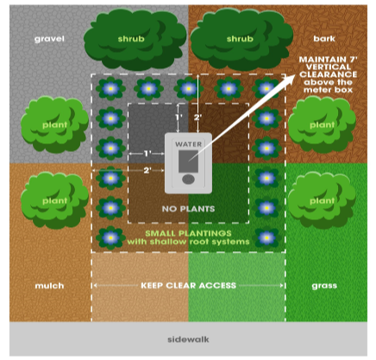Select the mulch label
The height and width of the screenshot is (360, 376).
pos(48,285)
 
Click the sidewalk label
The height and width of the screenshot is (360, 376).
pos(187,339)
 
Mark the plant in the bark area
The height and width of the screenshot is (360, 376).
pos(321,123)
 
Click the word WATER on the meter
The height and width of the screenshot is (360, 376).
pos(188,144)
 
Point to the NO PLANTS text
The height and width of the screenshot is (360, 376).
pos(187,209)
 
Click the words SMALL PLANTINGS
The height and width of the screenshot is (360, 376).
pos(185,233)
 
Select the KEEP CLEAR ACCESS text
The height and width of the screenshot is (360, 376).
pos(187,285)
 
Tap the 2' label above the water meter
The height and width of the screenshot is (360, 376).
pos(199,116)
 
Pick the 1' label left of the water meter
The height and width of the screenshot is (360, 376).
pos(147,154)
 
